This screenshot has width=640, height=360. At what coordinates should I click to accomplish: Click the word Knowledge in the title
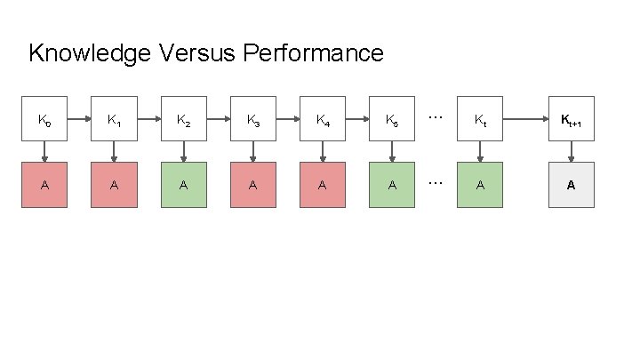[x=90, y=53]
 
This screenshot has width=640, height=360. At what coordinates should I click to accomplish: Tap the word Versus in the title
[x=196, y=52]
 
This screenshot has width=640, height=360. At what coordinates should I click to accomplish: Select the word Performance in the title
[x=313, y=52]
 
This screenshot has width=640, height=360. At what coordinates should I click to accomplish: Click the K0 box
[x=44, y=119]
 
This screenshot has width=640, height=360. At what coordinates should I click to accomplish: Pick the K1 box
[x=115, y=119]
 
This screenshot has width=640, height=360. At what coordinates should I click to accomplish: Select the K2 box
[x=184, y=119]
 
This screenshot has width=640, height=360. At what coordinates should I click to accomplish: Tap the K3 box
[x=253, y=119]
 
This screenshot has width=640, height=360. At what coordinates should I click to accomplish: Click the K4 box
[x=323, y=119]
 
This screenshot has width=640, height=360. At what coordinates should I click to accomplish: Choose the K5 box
[x=392, y=119]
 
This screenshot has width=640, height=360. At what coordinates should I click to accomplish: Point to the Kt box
[x=480, y=119]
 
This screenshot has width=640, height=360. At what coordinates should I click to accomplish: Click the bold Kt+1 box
[x=572, y=119]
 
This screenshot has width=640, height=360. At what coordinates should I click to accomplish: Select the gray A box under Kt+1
[x=572, y=185]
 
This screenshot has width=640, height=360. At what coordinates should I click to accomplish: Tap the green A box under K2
[x=184, y=185]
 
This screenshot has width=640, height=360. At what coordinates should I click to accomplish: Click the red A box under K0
[x=44, y=185]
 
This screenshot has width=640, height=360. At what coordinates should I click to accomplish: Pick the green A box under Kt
[x=480, y=185]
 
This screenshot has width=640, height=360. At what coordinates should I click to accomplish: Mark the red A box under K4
[x=323, y=185]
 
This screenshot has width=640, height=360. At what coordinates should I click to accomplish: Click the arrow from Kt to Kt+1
[x=525, y=119]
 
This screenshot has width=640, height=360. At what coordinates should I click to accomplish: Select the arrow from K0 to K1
[x=79, y=119]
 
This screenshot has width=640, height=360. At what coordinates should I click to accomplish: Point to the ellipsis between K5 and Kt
[x=436, y=117]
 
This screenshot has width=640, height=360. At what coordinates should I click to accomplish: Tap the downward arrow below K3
[x=253, y=152]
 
